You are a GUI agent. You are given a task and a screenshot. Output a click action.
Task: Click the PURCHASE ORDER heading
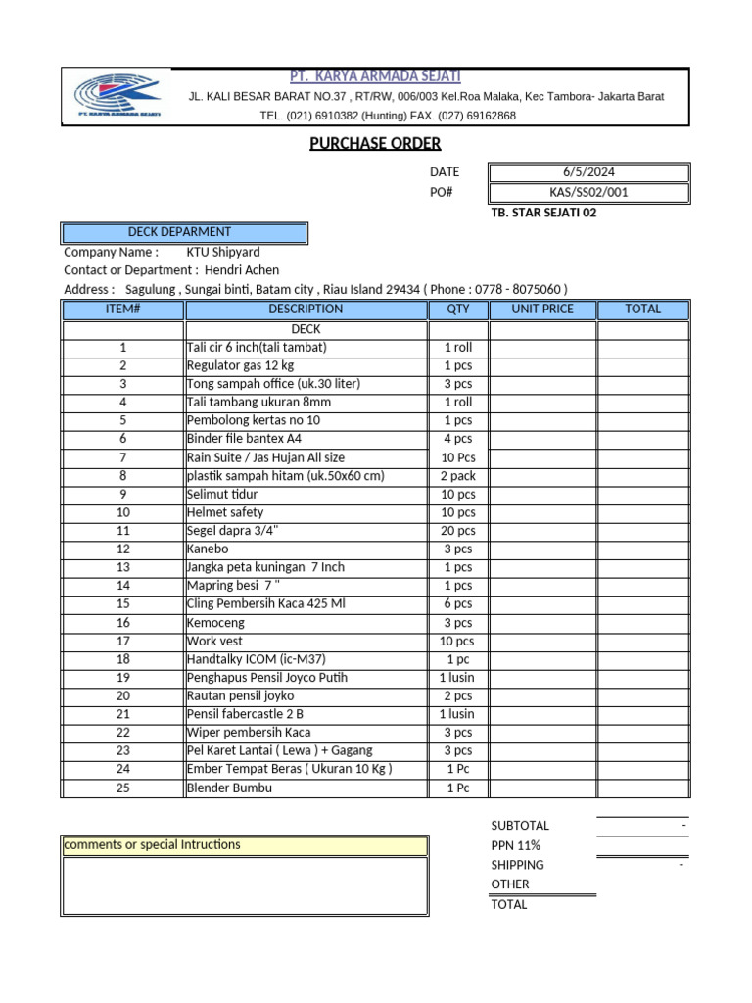point(375,144)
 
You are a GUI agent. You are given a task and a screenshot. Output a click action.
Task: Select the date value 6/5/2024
point(588,171)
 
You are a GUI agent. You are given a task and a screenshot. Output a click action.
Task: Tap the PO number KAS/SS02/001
point(588,192)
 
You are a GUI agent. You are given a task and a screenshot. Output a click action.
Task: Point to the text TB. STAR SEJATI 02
point(542,213)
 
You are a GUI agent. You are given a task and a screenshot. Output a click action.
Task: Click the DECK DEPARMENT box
point(184,233)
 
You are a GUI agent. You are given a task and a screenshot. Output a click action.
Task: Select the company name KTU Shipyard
point(223,252)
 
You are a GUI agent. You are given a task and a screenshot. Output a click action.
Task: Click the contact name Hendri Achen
point(242,270)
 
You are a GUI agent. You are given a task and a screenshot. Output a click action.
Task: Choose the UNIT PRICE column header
point(542,310)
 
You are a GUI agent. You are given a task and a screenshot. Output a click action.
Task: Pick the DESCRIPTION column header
point(305,310)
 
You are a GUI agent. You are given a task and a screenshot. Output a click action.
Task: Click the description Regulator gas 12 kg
point(233,365)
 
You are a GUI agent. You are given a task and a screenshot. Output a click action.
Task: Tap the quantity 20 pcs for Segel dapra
point(457,531)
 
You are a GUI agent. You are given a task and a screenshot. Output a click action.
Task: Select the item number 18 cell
point(123,660)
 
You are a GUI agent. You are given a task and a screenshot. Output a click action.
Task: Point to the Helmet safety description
point(225,512)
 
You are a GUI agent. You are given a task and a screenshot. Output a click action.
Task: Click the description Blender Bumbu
point(229,788)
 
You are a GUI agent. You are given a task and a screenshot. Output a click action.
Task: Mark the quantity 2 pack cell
point(457,476)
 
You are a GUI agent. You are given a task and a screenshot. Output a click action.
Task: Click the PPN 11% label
point(516,845)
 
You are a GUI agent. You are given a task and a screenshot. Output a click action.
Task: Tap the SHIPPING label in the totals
point(518,865)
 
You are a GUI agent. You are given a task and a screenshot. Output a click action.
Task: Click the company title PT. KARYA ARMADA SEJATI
point(376,76)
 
